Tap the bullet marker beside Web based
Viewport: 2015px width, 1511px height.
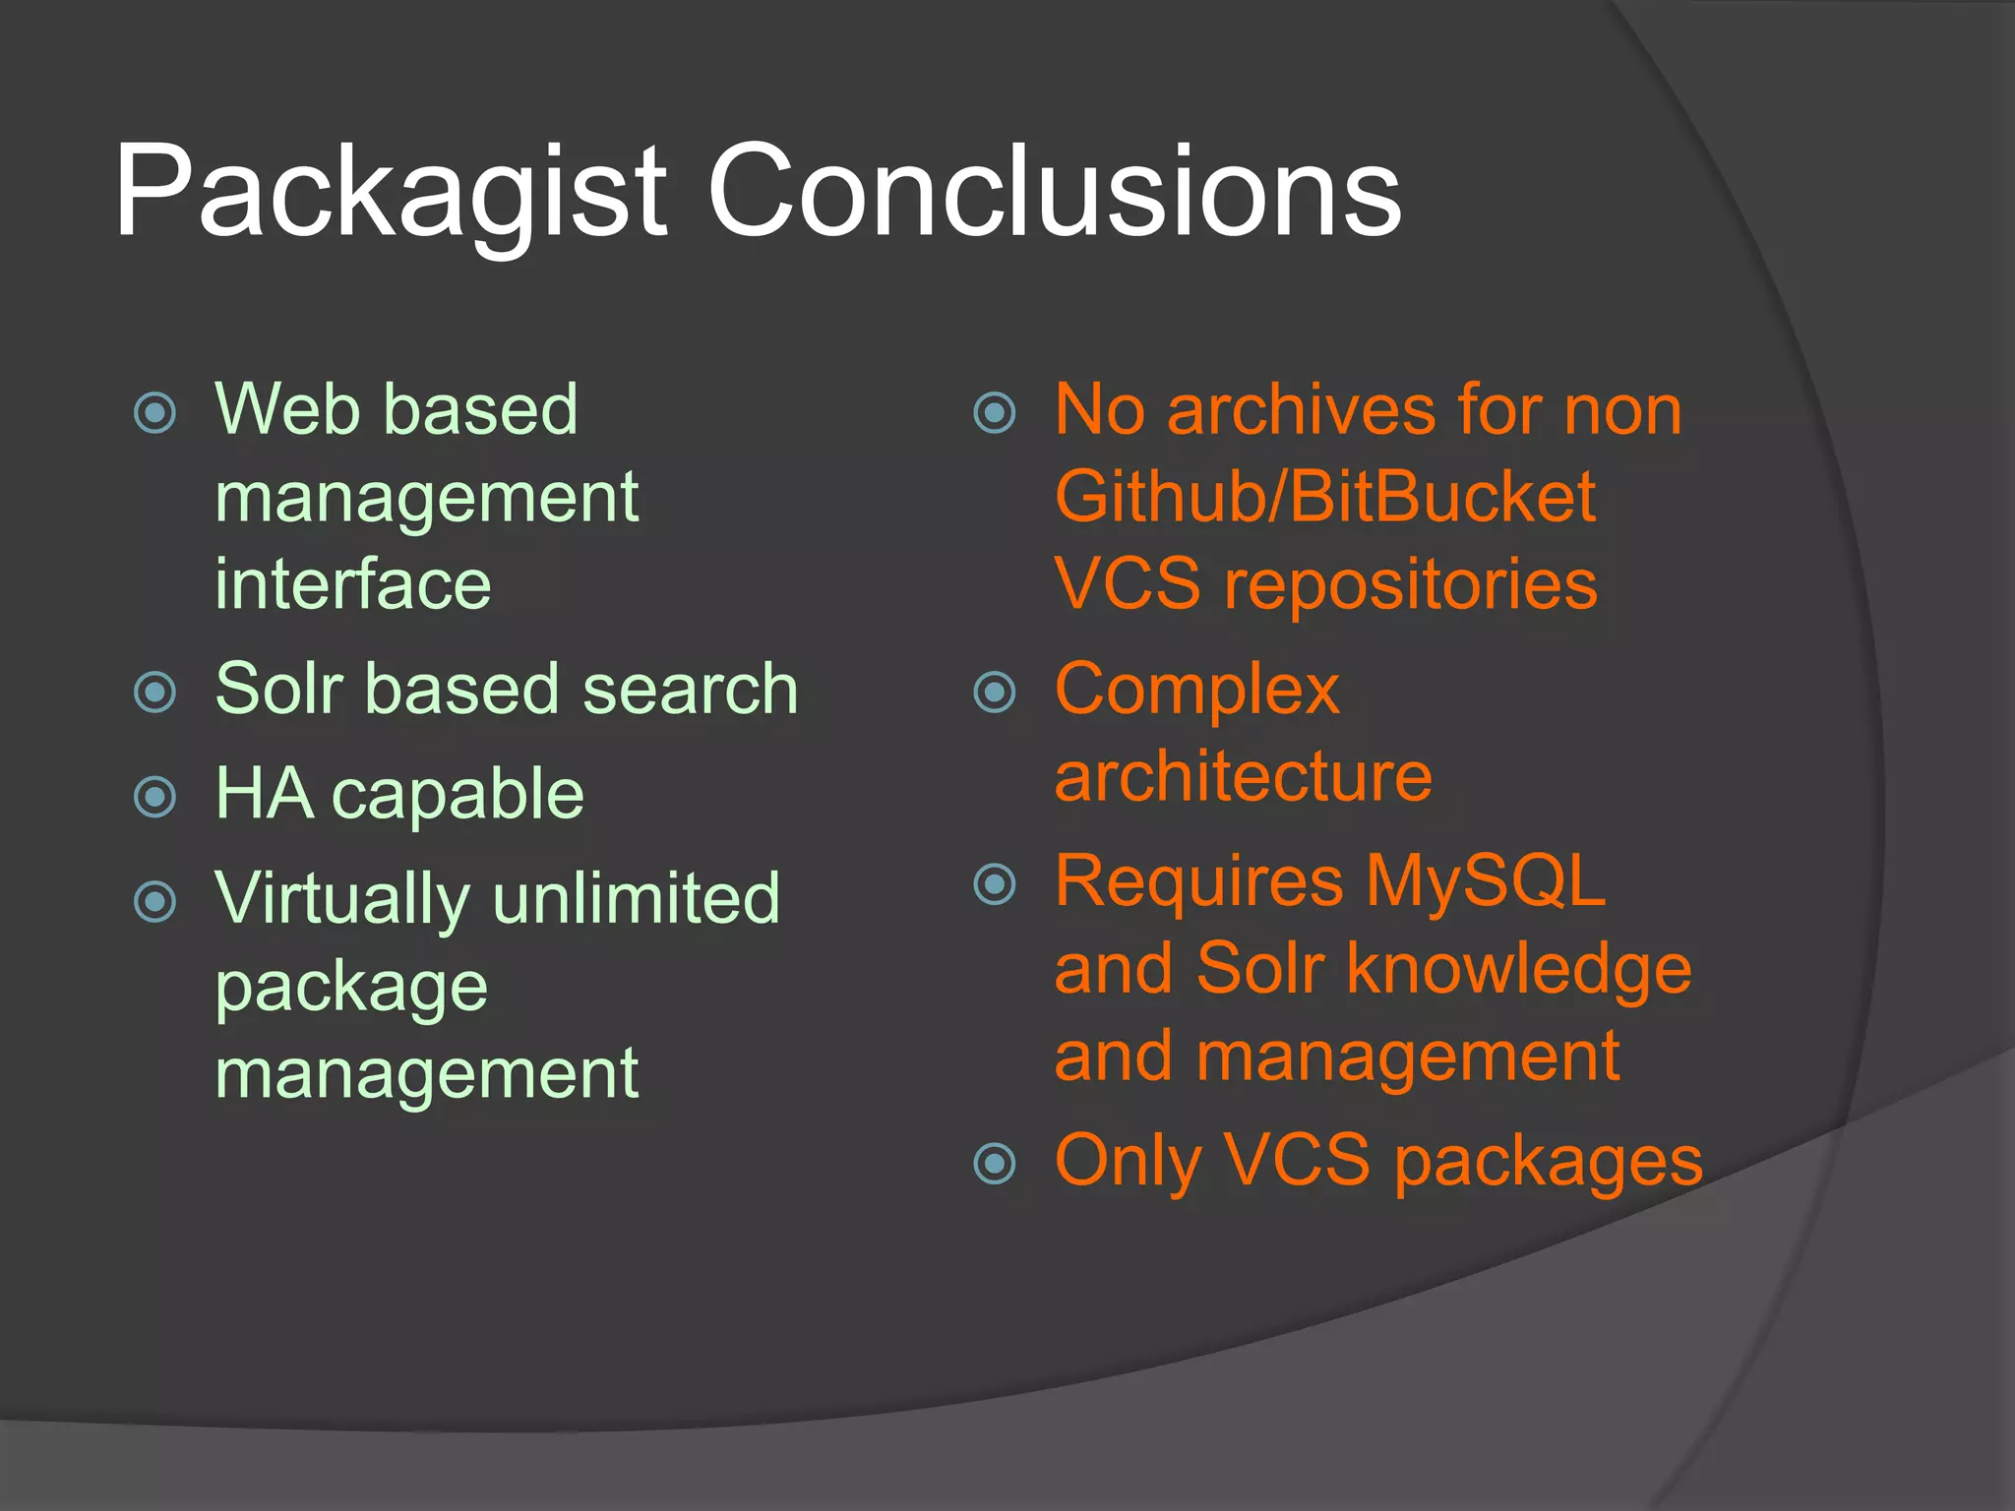(154, 412)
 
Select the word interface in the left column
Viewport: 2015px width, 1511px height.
(352, 584)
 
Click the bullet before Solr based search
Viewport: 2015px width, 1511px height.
(154, 692)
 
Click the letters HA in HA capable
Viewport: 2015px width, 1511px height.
(264, 793)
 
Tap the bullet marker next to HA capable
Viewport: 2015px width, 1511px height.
(154, 797)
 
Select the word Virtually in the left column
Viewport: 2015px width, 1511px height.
(342, 900)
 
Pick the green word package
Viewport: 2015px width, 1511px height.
(351, 989)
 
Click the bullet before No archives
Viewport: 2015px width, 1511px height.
(994, 412)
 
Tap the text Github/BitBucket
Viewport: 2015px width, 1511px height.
(1324, 497)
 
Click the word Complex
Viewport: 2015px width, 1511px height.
(1196, 692)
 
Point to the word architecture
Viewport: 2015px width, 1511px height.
(1243, 777)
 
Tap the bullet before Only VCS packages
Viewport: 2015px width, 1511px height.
(994, 1164)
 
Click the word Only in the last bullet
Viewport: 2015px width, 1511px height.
(1128, 1163)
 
